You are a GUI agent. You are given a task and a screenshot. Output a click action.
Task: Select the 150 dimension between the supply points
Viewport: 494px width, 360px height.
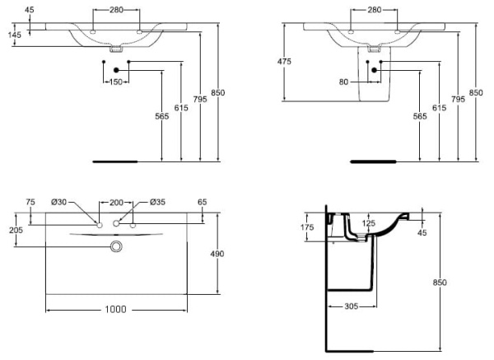115,82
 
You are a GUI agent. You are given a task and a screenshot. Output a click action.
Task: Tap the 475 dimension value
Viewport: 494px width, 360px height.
285,63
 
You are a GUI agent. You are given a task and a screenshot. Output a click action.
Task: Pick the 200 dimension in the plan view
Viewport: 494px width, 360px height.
116,202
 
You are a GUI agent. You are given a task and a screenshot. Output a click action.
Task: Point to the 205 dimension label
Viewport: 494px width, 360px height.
14,231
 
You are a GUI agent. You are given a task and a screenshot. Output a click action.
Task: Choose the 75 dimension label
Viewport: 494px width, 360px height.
30,202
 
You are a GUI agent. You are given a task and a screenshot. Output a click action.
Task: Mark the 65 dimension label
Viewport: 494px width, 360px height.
201,202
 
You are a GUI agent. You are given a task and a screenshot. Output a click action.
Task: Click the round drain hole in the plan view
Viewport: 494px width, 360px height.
116,246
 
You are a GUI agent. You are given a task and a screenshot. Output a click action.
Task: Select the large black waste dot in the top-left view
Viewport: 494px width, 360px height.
116,70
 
